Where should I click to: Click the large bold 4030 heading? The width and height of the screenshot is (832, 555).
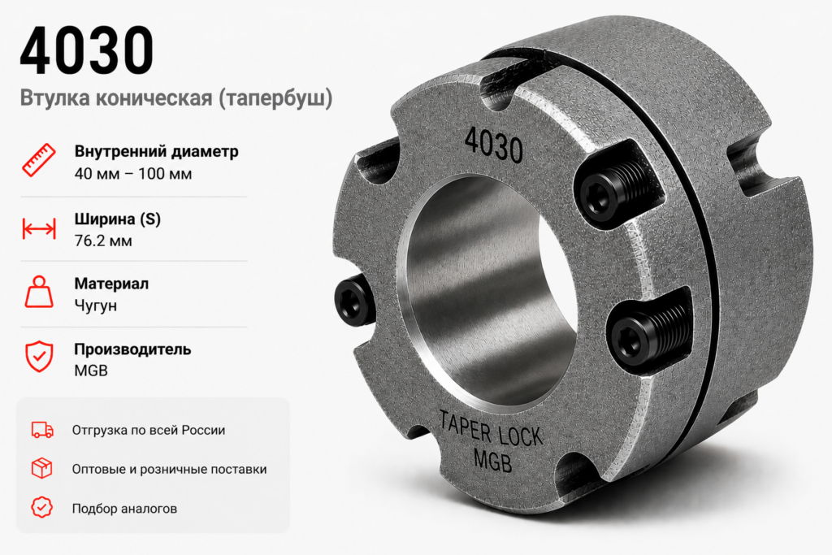click(87, 50)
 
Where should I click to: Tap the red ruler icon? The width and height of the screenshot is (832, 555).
click(39, 160)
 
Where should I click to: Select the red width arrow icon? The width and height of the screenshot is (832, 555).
click(39, 228)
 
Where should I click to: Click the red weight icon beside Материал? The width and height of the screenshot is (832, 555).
click(39, 292)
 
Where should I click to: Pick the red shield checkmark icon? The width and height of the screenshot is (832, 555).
click(39, 357)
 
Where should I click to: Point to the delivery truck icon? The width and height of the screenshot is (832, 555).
click(42, 430)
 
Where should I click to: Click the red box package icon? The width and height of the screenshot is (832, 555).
click(42, 469)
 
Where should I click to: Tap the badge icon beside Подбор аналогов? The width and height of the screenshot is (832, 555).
click(42, 508)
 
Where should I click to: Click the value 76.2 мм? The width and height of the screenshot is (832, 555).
click(103, 241)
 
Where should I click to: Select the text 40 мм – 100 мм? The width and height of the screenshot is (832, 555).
click(133, 174)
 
